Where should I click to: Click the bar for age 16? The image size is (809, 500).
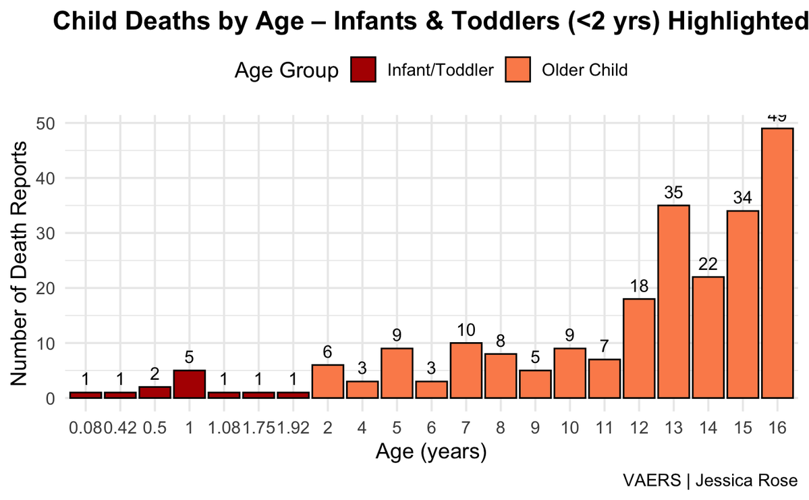click(x=777, y=263)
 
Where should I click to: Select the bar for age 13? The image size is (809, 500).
click(x=673, y=302)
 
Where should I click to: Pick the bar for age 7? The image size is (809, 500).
click(x=466, y=370)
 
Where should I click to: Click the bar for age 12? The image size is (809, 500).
click(x=638, y=348)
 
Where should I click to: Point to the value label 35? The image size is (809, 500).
click(x=673, y=192)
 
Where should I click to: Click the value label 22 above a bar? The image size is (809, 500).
click(x=707, y=264)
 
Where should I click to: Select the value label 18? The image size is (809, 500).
click(x=638, y=285)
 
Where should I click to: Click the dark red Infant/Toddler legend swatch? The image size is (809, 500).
click(x=363, y=70)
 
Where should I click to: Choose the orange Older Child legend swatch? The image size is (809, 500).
click(x=518, y=70)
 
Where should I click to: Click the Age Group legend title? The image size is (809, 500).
click(x=286, y=70)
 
